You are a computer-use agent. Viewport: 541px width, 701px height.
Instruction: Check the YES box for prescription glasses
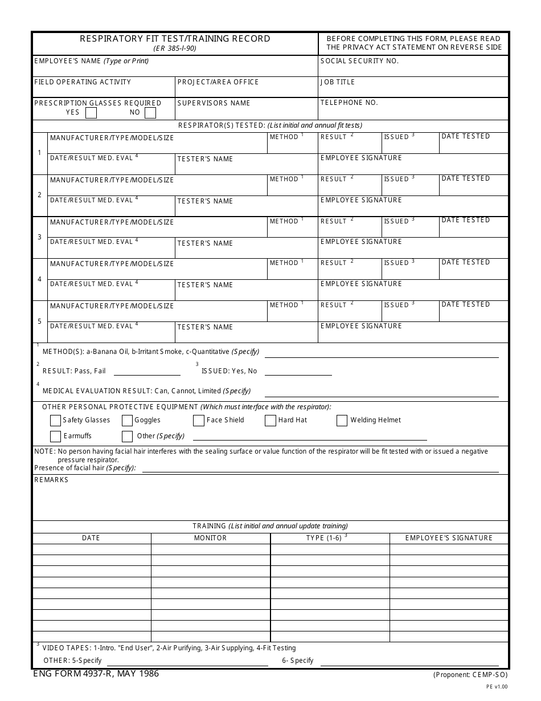[x=91, y=112]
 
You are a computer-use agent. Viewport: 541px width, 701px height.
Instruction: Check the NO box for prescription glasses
[x=150, y=112]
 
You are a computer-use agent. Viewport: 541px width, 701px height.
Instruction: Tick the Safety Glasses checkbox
[x=55, y=421]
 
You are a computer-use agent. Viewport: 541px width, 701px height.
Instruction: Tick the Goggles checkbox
[x=128, y=421]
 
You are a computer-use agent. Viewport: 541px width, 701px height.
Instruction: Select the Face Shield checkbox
[x=199, y=421]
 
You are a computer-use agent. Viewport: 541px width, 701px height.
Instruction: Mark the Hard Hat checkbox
[x=270, y=421]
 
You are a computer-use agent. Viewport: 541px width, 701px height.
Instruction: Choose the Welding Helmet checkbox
[x=342, y=421]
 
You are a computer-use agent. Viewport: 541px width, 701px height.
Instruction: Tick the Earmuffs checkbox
[x=55, y=437]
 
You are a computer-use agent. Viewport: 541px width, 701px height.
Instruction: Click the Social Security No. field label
[x=359, y=61]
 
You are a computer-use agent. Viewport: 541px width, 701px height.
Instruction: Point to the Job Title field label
[x=338, y=82]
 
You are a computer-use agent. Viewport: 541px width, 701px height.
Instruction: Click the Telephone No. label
[x=349, y=103]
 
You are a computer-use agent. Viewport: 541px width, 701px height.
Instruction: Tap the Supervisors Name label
[x=214, y=103]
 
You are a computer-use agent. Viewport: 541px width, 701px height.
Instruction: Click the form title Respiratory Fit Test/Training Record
[x=175, y=39]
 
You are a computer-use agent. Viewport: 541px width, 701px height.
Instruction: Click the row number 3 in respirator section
[x=39, y=237]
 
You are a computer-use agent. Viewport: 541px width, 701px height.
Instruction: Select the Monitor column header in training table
[x=210, y=538]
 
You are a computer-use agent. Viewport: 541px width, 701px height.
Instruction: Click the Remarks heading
[x=51, y=480]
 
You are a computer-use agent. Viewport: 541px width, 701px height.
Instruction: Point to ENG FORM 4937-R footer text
[x=96, y=674]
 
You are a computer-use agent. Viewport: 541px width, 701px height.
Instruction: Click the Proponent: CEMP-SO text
[x=470, y=675]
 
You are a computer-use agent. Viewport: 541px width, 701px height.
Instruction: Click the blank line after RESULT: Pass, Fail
[x=147, y=371]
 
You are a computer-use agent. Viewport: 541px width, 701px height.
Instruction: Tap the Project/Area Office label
[x=218, y=82]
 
